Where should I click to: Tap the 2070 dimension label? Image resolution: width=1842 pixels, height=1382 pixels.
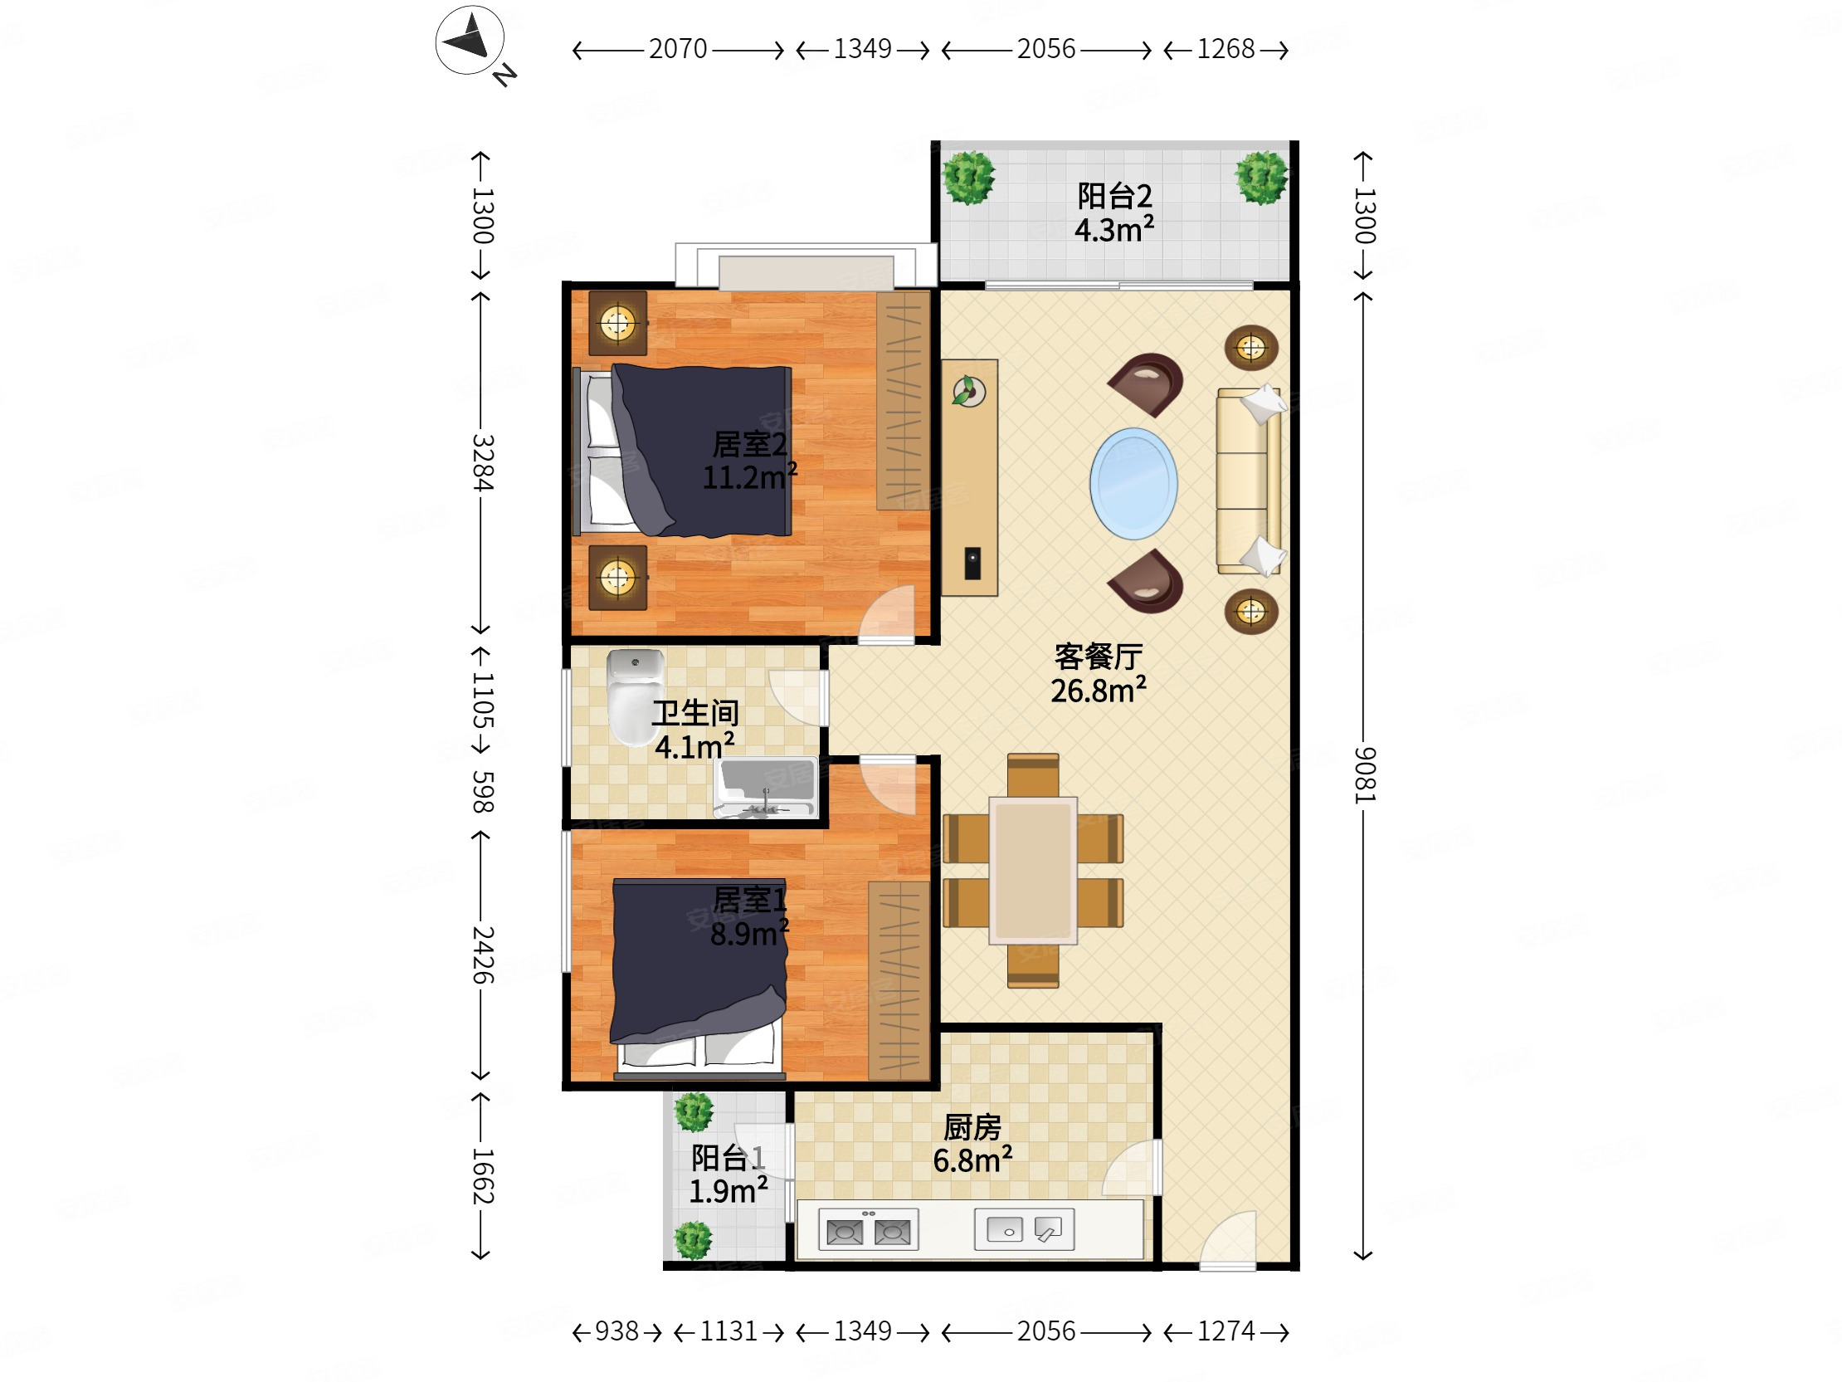coord(678,49)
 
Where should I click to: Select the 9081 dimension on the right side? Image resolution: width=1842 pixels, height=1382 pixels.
coord(1364,774)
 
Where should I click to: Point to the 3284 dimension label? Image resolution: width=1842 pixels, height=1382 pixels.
coord(482,462)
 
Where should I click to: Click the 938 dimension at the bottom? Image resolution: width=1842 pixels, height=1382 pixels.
coord(616,1331)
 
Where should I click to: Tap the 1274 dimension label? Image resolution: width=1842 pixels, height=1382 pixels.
coord(1226,1331)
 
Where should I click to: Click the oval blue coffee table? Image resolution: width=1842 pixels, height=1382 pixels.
coord(1133,483)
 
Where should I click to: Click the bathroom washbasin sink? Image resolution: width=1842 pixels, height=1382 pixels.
coord(765,786)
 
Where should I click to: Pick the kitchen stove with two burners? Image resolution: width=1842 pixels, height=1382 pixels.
coord(869,1229)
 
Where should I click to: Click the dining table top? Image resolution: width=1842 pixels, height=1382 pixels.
coord(1032,871)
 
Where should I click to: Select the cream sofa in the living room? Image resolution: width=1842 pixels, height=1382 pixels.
coord(1249,481)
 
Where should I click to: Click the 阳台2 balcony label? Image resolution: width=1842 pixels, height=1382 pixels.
coord(1114,197)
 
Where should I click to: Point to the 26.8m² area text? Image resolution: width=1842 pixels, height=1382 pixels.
coord(1099,691)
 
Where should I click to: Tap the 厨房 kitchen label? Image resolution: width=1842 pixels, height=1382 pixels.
coord(972,1128)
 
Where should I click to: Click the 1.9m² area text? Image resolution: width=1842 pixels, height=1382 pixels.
coord(728,1191)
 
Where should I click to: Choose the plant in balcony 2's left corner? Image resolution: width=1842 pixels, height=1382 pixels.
coord(968,178)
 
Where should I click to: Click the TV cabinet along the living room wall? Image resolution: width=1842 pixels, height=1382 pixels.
coord(969,477)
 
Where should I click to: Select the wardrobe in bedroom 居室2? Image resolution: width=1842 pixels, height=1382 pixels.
coord(904,401)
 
